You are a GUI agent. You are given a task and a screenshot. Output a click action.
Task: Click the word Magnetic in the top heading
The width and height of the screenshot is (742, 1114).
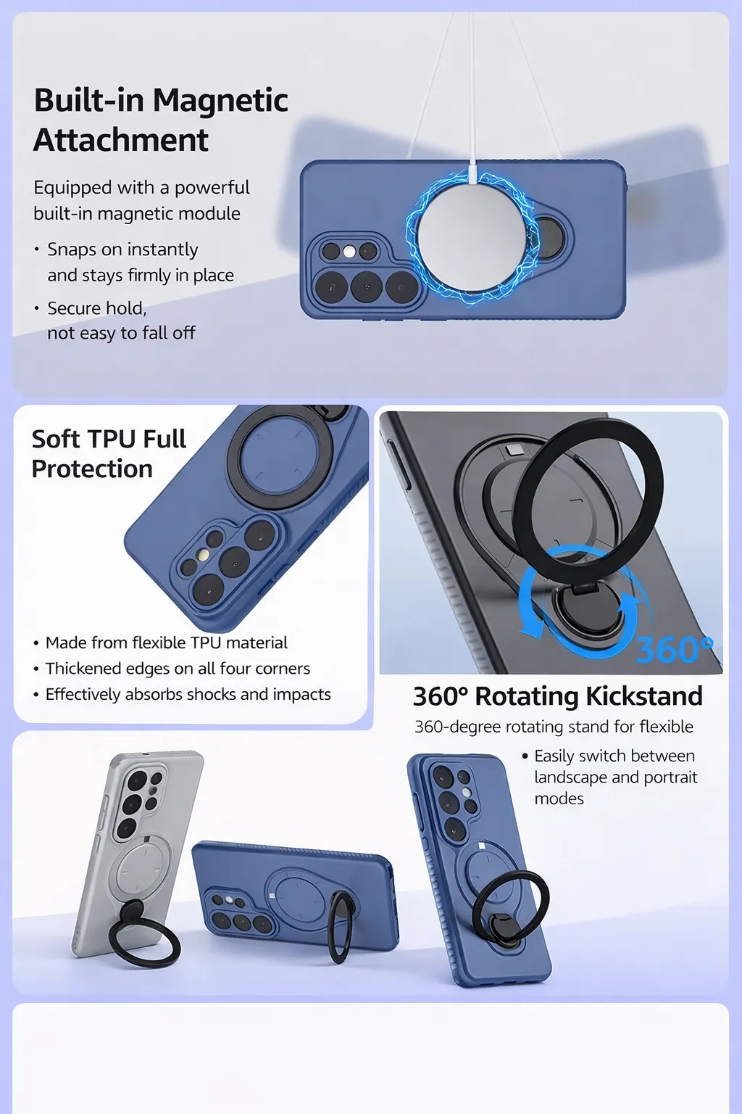pyautogui.click(x=220, y=100)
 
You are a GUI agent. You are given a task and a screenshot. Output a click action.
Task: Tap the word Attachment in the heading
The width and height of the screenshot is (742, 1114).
pyautogui.click(x=121, y=140)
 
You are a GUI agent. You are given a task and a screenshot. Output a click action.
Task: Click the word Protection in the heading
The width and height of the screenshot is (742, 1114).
pyautogui.click(x=92, y=469)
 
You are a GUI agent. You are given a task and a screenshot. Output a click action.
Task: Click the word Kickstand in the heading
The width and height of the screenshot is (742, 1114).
pyautogui.click(x=644, y=696)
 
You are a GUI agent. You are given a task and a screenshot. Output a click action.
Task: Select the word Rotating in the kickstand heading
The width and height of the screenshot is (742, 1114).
pyautogui.click(x=528, y=697)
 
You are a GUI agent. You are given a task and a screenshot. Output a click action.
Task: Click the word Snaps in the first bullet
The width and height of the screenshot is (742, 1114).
pyautogui.click(x=72, y=249)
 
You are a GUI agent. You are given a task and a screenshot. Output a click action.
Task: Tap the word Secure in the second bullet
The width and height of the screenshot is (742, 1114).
pyautogui.click(x=73, y=308)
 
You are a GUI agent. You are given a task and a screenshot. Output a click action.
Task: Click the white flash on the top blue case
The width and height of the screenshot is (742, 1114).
pyautogui.click(x=349, y=252)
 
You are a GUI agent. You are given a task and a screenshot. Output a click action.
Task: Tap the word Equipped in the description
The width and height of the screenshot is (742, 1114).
pyautogui.click(x=72, y=189)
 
